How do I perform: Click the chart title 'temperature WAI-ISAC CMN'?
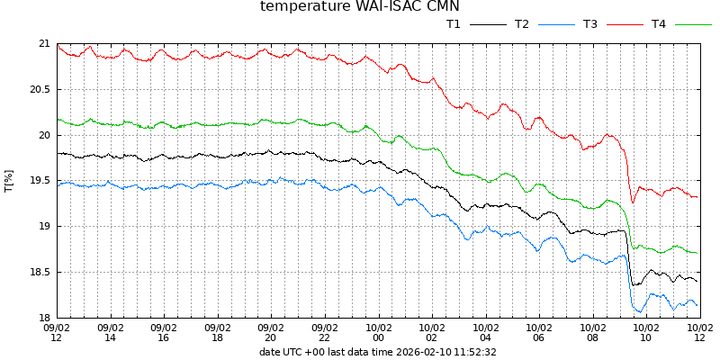(359, 7)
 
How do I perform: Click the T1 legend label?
(454, 24)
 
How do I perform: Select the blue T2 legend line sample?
(556, 24)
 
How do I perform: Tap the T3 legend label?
(590, 24)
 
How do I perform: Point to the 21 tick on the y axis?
(44, 43)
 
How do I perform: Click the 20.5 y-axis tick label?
(40, 89)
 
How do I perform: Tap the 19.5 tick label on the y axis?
(40, 180)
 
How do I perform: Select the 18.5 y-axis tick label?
(40, 272)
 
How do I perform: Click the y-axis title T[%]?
(9, 180)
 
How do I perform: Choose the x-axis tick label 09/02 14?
(110, 333)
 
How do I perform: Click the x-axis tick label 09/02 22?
(324, 333)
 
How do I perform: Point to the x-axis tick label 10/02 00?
(378, 333)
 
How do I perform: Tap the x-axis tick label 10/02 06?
(538, 333)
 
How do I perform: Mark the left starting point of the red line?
(58, 44)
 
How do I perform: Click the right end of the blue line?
(697, 305)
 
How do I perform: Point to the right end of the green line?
(697, 253)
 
